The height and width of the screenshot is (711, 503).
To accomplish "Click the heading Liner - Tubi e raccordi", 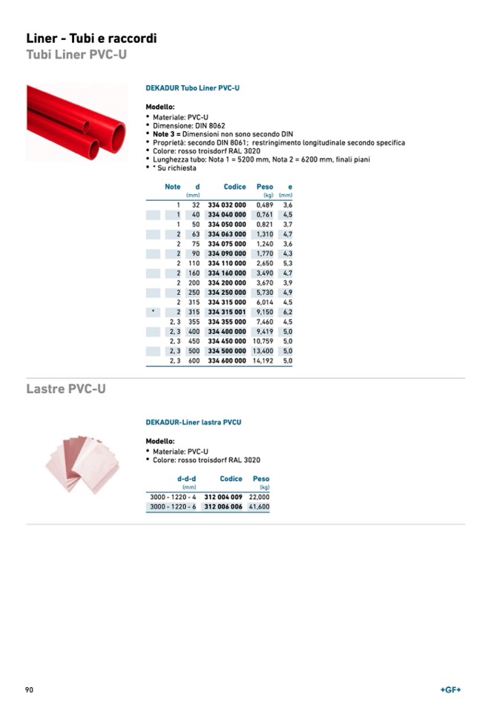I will [91, 39].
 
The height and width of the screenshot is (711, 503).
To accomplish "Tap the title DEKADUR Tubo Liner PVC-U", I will [192, 88].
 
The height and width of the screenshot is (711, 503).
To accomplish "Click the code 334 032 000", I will [226, 205].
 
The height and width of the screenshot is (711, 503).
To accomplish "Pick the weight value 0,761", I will [265, 214].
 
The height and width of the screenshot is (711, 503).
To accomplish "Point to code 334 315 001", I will [226, 312].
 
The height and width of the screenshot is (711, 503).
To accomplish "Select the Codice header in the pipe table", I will [234, 187].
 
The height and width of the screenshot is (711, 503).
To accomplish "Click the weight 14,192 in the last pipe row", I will [263, 361].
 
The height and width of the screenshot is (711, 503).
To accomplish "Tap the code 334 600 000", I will [226, 361].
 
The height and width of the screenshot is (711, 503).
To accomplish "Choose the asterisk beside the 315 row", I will [152, 312].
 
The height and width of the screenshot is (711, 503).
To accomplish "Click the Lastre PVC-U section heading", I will [66, 389].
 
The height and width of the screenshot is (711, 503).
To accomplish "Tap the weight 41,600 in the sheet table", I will [259, 506].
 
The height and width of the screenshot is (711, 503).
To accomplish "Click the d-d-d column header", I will [186, 479].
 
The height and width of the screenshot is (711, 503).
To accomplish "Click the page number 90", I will [30, 689].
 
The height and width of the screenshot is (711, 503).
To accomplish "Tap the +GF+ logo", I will [450, 689].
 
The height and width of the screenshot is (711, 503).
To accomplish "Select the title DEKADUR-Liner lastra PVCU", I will [193, 422].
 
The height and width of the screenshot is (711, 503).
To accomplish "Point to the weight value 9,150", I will [265, 312].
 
